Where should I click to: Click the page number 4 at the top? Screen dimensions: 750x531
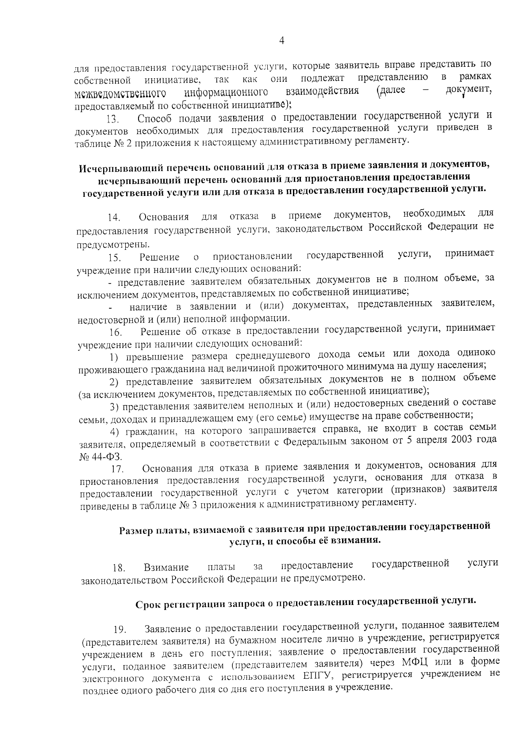click(x=282, y=41)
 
